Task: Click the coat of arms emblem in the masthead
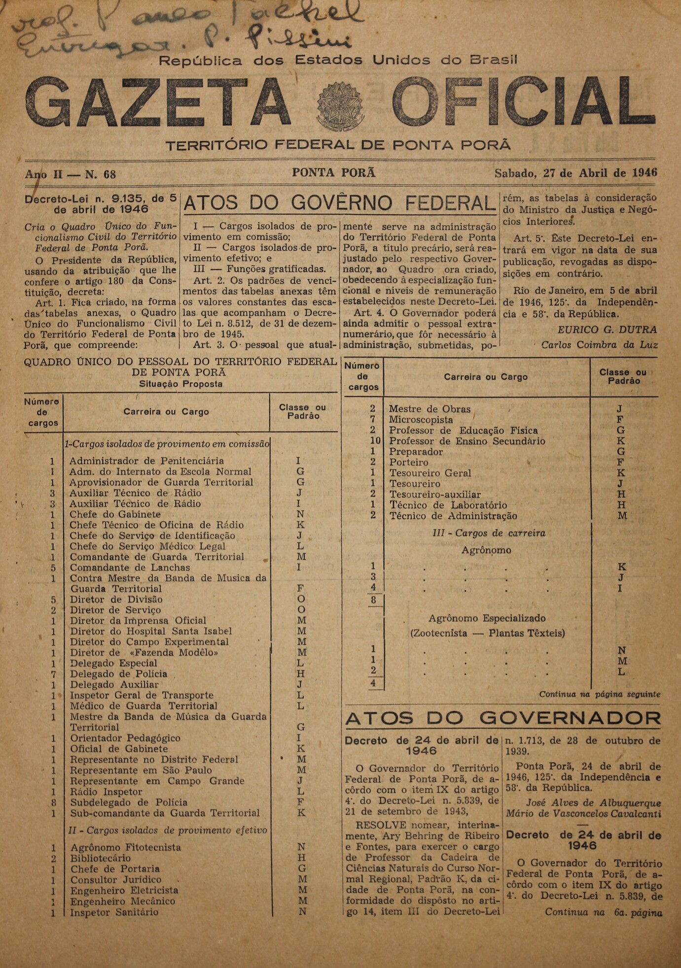pos(341,106)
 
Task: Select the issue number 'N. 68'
pos(101,174)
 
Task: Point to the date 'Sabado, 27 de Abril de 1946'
pos(575,173)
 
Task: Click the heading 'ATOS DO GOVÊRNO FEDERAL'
pos(340,203)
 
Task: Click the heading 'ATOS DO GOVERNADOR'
pos(502,719)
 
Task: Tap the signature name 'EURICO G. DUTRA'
pos(607,330)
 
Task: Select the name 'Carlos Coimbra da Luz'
pos(599,345)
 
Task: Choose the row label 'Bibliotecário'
pos(101,858)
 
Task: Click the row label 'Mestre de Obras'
pos(430,409)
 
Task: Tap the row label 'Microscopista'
pos(421,420)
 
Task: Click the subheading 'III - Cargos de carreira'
pos(489,533)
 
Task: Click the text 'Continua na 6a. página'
pos(603,912)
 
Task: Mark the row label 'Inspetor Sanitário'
pos(114,912)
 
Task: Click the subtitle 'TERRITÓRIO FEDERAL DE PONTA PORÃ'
pos(338,145)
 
